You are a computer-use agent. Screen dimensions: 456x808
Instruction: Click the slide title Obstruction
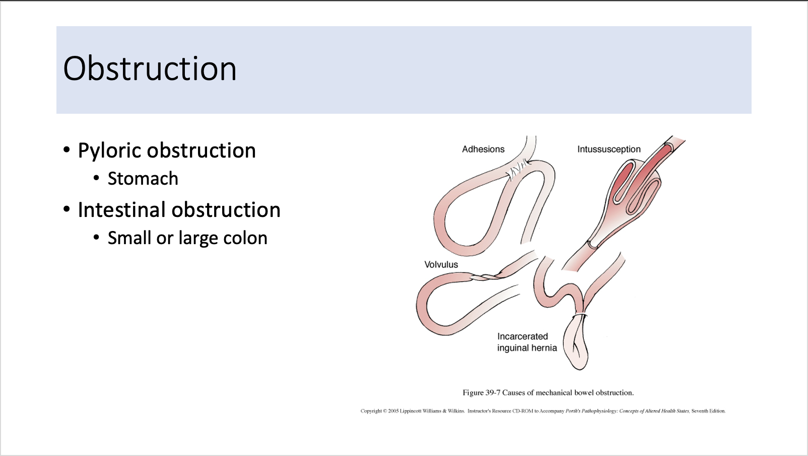click(150, 69)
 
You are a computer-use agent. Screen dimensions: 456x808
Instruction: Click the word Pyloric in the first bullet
click(109, 150)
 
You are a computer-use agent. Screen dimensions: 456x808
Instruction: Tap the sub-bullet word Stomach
click(143, 179)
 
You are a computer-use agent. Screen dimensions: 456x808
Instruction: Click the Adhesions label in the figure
click(483, 149)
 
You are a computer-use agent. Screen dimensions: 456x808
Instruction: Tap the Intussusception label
click(609, 149)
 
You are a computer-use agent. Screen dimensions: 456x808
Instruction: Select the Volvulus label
click(441, 265)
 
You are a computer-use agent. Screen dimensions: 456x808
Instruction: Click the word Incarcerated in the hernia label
click(522, 337)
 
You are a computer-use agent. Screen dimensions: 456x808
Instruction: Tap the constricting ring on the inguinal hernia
click(580, 316)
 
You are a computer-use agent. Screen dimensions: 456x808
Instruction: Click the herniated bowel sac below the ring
click(577, 347)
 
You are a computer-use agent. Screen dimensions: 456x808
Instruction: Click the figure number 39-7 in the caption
click(493, 393)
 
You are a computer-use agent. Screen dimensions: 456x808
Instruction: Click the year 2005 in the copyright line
click(393, 411)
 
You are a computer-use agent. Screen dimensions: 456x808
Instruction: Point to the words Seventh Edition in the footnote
click(708, 411)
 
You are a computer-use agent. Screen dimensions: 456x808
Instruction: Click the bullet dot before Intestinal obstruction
click(66, 209)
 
